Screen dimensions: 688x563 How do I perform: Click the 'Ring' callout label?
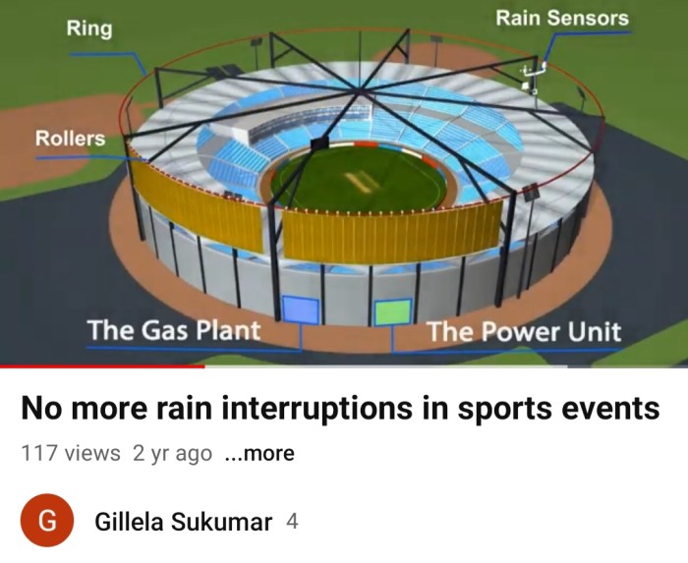89,28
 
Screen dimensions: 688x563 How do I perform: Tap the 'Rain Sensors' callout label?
562,18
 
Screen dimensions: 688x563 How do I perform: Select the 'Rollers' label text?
70,139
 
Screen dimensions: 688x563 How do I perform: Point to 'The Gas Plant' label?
174,330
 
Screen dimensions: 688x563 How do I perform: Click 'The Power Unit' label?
524,331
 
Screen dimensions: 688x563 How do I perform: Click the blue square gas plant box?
301,310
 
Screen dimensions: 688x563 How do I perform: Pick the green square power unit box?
393,312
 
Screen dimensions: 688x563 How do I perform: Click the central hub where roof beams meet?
360,91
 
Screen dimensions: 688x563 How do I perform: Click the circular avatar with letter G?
47,521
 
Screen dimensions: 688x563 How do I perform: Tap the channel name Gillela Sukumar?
184,522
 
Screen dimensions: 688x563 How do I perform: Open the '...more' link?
259,453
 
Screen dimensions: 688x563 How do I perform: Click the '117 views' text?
71,453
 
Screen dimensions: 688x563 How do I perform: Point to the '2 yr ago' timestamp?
172,453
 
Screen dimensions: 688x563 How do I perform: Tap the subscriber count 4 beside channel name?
292,522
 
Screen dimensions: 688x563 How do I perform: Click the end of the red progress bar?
204,366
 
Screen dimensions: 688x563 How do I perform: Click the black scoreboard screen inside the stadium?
319,143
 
